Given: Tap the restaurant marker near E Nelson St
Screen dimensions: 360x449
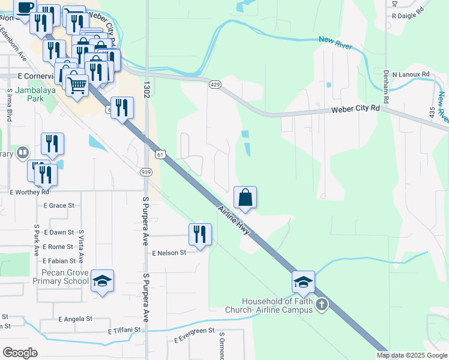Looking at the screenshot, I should click(x=200, y=235).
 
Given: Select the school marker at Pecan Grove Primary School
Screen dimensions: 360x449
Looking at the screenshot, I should click(x=103, y=281).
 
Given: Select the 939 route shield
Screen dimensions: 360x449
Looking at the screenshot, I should click(x=146, y=172).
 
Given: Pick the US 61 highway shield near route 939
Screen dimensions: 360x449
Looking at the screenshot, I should click(x=160, y=155).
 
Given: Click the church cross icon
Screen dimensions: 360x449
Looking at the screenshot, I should click(x=321, y=305).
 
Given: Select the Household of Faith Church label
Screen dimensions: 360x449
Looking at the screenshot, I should click(x=277, y=305).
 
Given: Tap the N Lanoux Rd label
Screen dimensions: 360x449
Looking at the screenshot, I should click(x=411, y=74).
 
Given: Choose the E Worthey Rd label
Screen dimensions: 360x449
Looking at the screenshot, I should click(x=29, y=191).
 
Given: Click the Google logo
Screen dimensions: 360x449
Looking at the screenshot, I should click(x=20, y=353).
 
